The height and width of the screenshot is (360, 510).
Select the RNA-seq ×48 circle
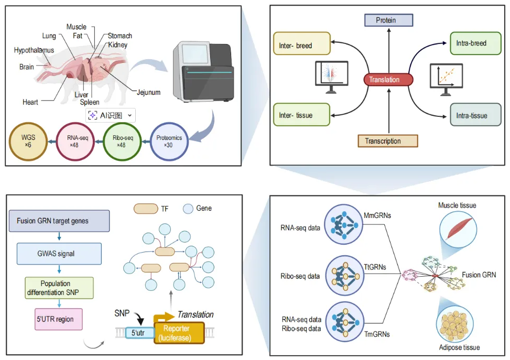point(75,140)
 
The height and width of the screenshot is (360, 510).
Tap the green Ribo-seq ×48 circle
point(123,140)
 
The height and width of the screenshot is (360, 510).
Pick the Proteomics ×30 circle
point(169,140)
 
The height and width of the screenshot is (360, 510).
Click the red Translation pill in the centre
point(388,80)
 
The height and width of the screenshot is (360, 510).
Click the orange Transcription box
point(388,141)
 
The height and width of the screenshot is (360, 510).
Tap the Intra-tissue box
point(472,114)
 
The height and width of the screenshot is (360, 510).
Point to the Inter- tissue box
point(301,114)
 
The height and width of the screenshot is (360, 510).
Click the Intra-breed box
point(472,43)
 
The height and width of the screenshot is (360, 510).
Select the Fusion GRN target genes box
point(59,221)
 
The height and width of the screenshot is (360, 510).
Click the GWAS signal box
point(59,254)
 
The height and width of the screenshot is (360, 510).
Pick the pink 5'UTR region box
point(58,319)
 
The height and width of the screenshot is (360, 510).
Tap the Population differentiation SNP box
point(59,288)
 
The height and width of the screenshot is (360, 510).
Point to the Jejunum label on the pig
point(148,93)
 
